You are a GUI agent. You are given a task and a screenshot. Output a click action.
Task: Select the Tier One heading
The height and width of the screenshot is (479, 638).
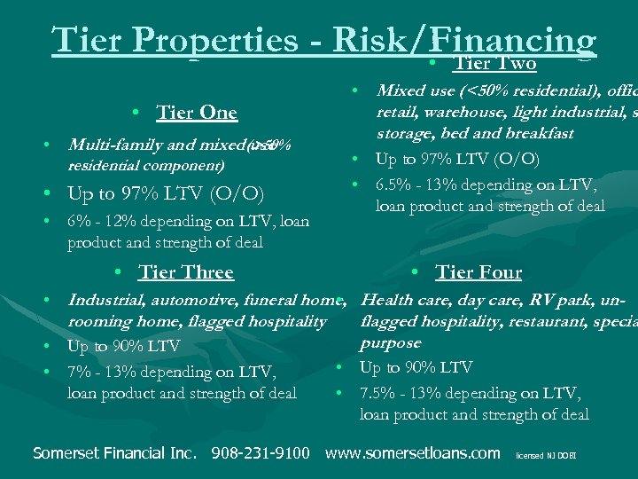pos(197,113)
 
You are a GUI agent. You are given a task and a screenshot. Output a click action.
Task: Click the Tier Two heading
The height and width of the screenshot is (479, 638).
pos(494,63)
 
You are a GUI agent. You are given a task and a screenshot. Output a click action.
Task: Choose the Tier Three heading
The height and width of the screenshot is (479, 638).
pos(186,272)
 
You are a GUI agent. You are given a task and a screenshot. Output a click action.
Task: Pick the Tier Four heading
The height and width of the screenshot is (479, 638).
pos(478,272)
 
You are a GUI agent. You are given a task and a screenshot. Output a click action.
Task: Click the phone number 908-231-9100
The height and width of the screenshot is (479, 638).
pos(261,453)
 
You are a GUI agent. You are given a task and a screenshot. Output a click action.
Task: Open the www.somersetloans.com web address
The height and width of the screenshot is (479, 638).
pos(413,453)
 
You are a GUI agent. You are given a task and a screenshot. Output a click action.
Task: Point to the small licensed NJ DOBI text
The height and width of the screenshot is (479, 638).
pos(546,454)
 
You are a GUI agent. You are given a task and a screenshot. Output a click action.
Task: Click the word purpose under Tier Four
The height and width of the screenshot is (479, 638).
pos(391,343)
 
